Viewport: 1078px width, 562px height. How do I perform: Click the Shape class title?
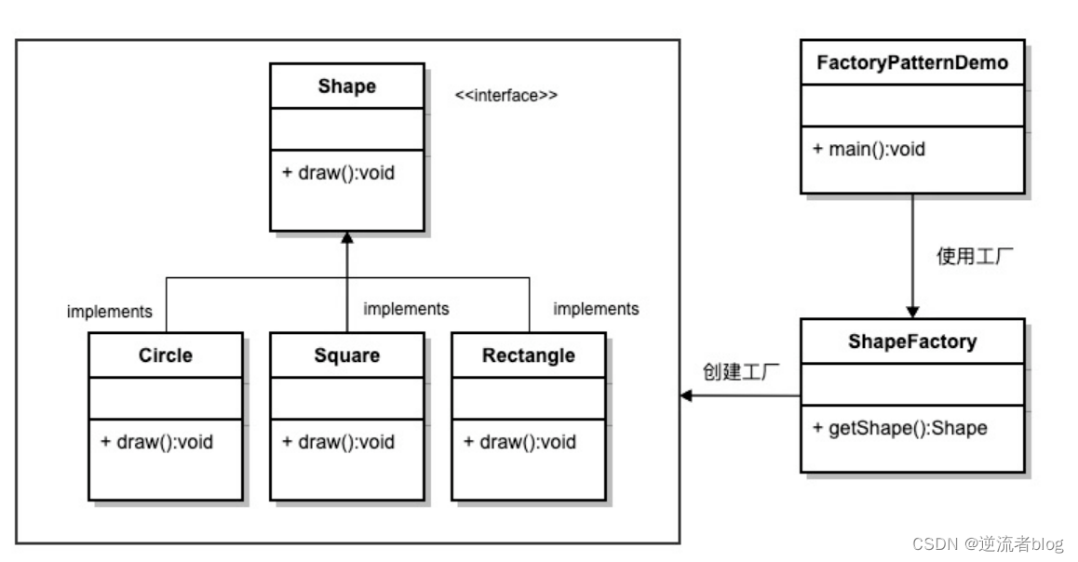pos(346,87)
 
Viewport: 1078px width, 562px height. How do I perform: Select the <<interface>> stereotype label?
pos(506,95)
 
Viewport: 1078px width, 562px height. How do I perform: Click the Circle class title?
pos(166,355)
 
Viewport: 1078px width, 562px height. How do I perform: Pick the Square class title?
pos(346,355)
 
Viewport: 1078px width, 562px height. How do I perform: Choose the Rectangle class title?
pos(528,355)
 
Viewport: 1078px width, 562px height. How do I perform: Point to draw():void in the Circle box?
pos(156,442)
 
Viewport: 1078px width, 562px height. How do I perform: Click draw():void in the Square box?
pos(338,442)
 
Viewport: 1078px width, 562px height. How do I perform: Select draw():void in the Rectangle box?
pos(519,442)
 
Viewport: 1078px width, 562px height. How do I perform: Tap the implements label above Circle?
pos(109,312)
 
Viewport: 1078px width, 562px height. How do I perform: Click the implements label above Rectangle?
pos(596,308)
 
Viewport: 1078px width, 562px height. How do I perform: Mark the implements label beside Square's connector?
pos(406,308)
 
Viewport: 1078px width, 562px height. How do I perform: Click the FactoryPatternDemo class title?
pos(912,63)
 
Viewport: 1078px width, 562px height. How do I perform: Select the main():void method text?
pos(869,149)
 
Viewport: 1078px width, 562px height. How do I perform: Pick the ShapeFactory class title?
pos(912,341)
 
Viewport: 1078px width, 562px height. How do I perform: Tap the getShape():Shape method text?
pos(899,428)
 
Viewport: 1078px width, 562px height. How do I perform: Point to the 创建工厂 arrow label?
pos(739,372)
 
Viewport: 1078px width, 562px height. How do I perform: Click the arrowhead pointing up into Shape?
pos(346,237)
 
